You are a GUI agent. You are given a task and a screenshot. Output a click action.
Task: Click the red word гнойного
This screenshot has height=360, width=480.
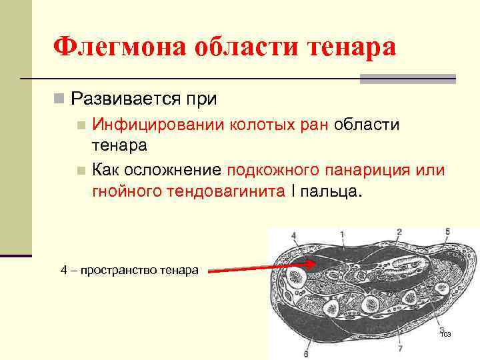tap(123, 193)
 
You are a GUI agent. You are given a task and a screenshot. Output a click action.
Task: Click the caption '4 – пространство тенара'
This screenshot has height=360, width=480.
tap(129, 270)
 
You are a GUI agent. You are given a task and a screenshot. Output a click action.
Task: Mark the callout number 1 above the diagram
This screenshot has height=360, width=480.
tap(342, 235)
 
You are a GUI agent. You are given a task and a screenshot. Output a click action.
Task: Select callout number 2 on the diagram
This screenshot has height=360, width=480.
tap(399, 232)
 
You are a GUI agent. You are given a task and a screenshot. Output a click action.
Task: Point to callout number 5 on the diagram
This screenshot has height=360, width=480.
tap(447, 232)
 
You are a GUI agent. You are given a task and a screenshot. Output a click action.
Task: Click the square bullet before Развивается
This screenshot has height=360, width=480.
tap(59, 100)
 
